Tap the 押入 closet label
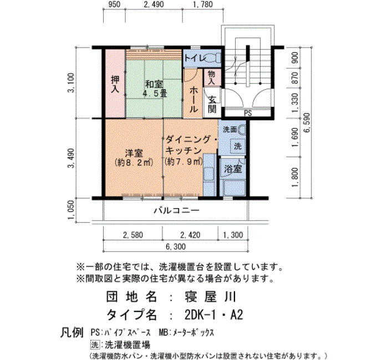pos(115,84)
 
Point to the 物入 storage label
pos(212,77)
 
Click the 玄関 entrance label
pos(212,105)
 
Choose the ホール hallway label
pos(193,100)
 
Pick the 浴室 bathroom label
pos(233,169)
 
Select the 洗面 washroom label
pos(230,129)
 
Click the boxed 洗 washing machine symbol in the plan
pos(238,146)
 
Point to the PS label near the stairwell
pos(248,113)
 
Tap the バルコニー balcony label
pos(176,210)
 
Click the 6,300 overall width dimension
pos(176,247)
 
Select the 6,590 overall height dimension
pos(307,122)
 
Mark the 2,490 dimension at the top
pos(154,4)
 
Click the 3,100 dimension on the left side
pos(72,83)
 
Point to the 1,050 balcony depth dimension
pos(72,210)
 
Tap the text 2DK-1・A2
pos(214,315)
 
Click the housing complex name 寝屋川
pos(210,297)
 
